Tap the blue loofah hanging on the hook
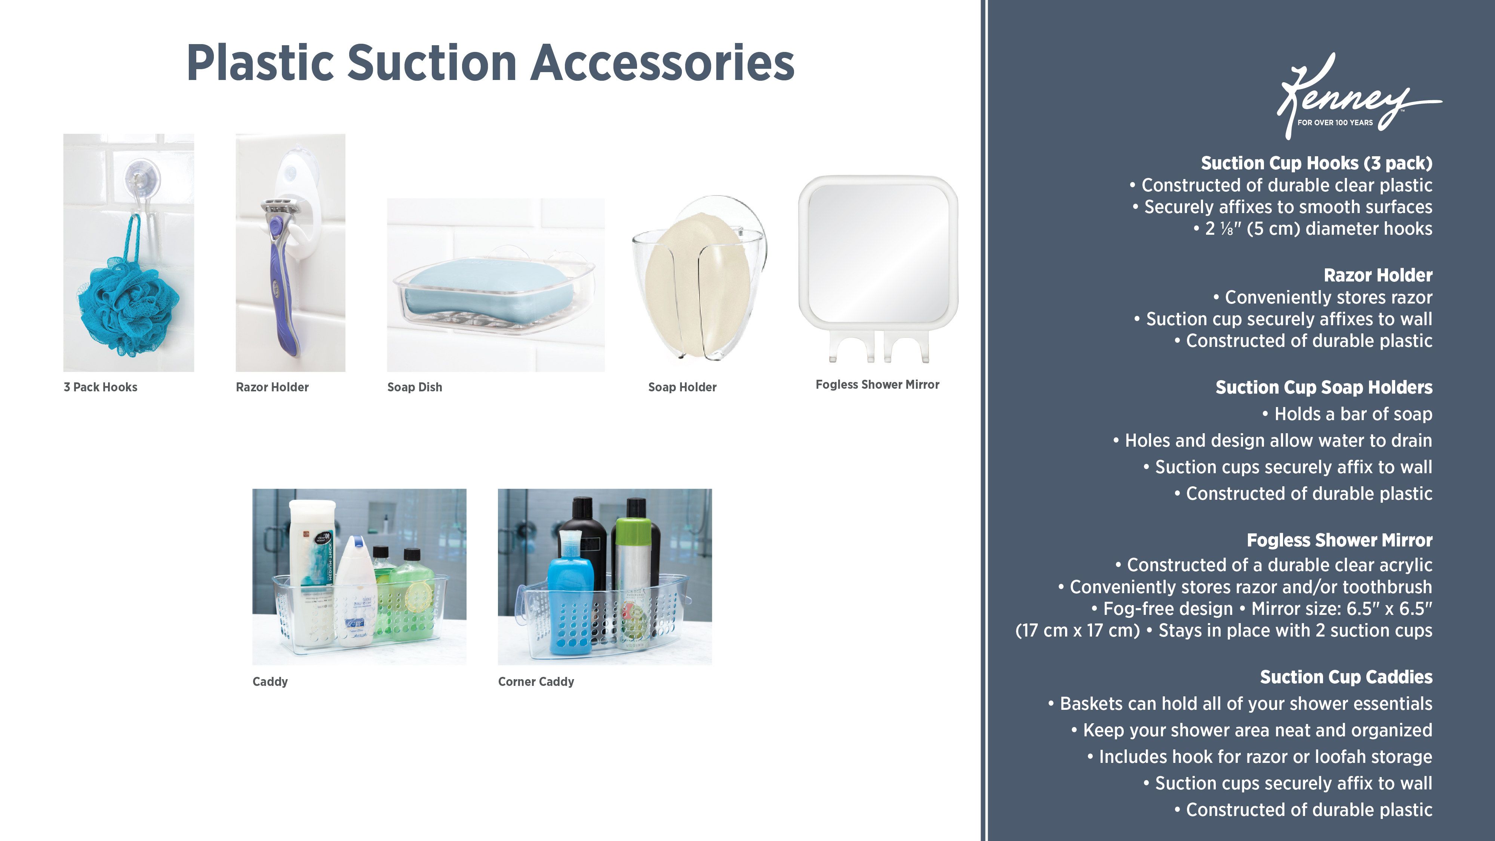(x=129, y=305)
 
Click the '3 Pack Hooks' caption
(x=101, y=387)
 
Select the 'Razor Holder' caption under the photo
(x=272, y=387)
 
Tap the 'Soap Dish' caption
(x=414, y=387)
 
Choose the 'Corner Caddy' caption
(x=536, y=681)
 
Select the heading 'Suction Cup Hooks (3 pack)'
(x=1316, y=163)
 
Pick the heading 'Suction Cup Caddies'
(x=1346, y=677)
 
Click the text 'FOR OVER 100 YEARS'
(x=1335, y=123)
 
